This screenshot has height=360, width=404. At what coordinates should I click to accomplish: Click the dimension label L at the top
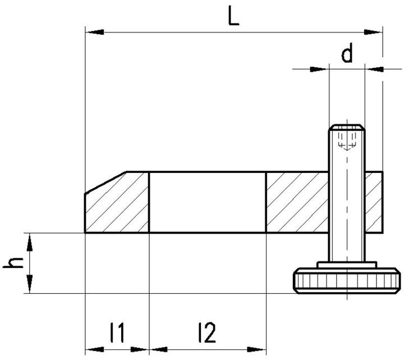pos(233,17)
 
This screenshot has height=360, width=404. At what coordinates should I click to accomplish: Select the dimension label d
pos(347,54)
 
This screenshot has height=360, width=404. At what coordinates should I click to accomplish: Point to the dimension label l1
pos(117,333)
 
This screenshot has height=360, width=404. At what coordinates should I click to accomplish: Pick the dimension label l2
pos(206,333)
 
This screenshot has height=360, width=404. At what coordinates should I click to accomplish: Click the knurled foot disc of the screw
pos(347,281)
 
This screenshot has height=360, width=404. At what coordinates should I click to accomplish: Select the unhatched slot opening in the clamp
pos(207,202)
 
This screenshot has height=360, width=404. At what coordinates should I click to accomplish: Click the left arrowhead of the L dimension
pos(93,33)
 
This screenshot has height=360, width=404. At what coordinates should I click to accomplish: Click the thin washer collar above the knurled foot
pos(347,265)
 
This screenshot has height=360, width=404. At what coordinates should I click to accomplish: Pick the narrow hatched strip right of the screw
pos(374,202)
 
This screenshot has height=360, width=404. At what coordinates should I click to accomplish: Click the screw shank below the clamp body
pos(347,247)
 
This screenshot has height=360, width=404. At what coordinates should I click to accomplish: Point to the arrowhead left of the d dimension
pos(320,69)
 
